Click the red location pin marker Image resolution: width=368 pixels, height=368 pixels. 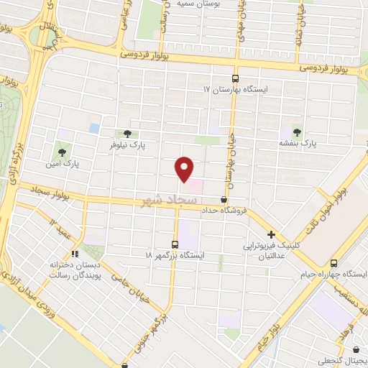(x=185, y=169)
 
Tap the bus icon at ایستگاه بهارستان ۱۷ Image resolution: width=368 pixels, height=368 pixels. (x=234, y=78)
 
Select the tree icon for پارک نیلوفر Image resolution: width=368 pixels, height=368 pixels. (x=127, y=134)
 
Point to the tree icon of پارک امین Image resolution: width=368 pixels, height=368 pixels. (x=62, y=152)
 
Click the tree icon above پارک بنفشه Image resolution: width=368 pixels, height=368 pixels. (x=297, y=132)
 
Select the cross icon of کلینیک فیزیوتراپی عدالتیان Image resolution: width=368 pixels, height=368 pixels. (x=271, y=234)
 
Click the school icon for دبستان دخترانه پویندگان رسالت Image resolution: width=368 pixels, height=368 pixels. (x=74, y=253)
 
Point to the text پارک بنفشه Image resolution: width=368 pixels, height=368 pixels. (x=298, y=144)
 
